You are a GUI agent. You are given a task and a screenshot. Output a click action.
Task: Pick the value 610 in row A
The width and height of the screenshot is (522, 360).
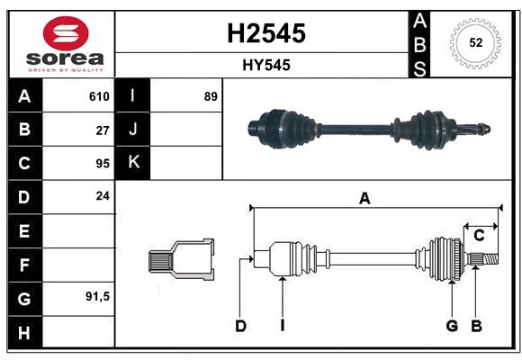pos(99,96)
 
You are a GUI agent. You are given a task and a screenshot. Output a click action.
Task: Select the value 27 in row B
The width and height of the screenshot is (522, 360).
pos(103,130)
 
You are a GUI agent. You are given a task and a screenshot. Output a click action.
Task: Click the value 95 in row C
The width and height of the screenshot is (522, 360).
pos(103,163)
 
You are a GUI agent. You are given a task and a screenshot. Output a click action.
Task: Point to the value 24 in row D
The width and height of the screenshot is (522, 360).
pos(103,195)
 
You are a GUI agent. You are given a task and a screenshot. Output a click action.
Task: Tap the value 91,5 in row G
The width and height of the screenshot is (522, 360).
pos(97,296)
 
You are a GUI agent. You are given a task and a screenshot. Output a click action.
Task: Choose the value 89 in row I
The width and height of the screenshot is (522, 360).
pos(211,96)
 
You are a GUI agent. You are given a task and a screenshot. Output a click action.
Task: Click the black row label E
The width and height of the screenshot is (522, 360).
pos(24,230)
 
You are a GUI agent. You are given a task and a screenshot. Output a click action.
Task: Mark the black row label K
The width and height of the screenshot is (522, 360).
pos(133,163)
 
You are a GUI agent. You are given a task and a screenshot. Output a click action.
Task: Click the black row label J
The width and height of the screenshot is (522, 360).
pos(133,130)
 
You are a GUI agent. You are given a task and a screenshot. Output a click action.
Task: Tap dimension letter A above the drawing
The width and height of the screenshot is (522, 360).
pos(364,199)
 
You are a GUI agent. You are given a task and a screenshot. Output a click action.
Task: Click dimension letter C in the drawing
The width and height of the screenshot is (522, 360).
pos(480,235)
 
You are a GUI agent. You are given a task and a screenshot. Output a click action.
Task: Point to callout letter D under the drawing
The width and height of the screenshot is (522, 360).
pos(241,326)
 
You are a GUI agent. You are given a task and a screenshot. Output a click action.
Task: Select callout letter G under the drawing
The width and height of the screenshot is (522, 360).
pos(452,326)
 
